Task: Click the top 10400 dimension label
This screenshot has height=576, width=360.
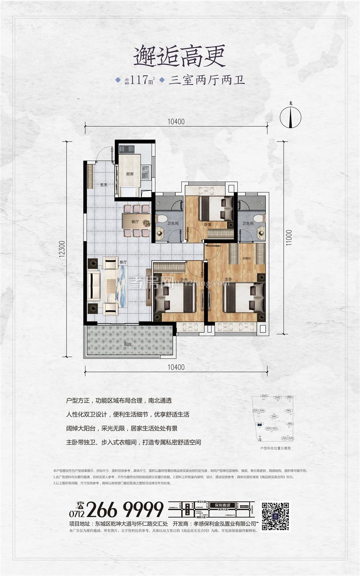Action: point(176,122)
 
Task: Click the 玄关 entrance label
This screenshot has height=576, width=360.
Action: point(104,185)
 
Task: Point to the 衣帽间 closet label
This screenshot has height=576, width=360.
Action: point(246,258)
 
